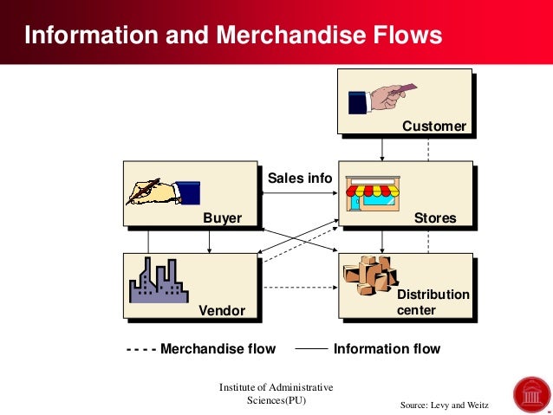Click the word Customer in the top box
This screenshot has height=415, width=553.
433,126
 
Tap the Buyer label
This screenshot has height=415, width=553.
222,218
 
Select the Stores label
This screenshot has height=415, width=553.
435,218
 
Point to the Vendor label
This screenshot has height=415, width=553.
222,310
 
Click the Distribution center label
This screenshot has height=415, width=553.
433,302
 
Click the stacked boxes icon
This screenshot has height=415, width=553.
369,275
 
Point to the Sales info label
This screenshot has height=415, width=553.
299,178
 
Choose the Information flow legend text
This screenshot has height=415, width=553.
387,349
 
